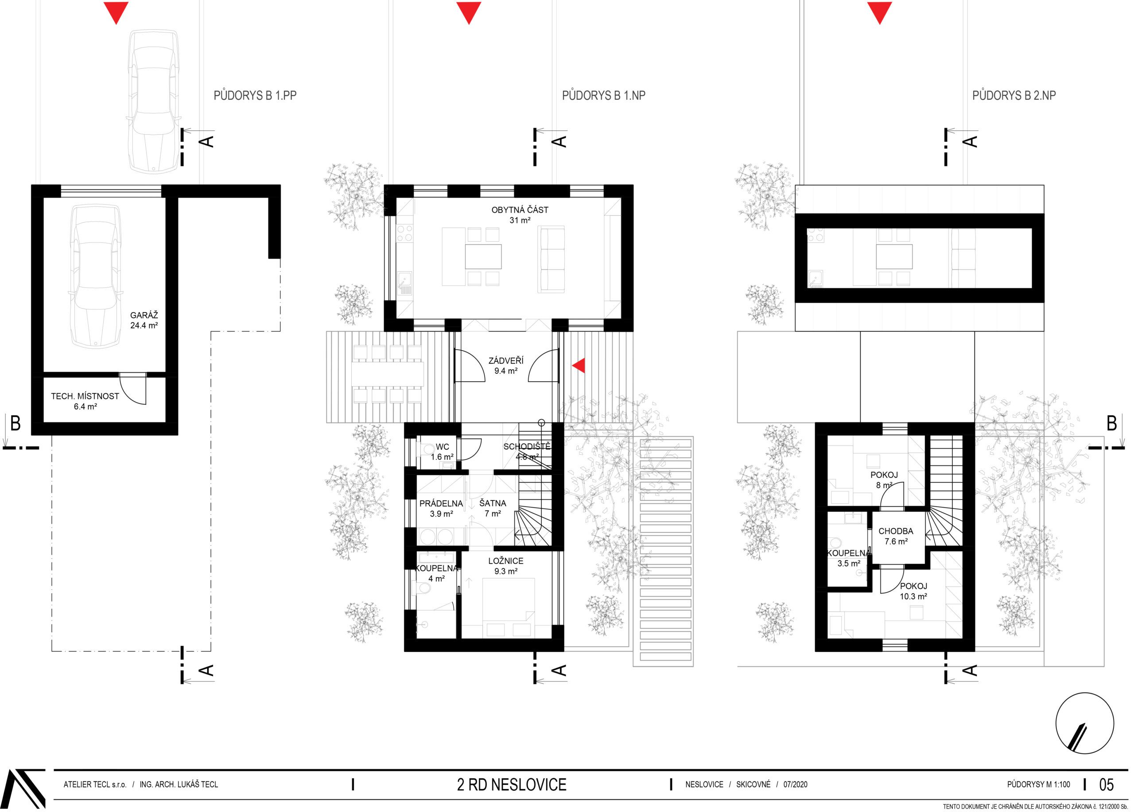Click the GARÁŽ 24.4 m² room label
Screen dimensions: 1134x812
[144, 320]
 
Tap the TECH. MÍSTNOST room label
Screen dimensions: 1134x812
[85, 401]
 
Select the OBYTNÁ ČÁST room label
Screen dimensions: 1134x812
[520, 215]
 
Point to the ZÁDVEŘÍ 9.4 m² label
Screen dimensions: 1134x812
[505, 366]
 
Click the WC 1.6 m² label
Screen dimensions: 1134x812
[442, 452]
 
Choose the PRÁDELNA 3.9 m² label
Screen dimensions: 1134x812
[441, 508]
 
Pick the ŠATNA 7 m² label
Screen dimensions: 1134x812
[493, 508]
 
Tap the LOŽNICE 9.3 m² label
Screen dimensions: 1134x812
[505, 566]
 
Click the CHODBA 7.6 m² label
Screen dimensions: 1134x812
[896, 536]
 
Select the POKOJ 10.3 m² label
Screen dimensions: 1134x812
[913, 591]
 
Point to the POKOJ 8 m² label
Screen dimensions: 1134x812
[884, 480]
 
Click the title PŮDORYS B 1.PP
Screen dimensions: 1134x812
[255, 95]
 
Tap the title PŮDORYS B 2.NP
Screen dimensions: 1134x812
[1014, 95]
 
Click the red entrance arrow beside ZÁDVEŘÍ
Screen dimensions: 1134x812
[580, 366]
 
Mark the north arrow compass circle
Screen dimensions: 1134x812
[1084, 723]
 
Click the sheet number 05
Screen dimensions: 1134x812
[1107, 785]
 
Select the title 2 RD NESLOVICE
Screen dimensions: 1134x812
[512, 785]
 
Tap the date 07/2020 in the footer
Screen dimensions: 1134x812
[795, 785]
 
